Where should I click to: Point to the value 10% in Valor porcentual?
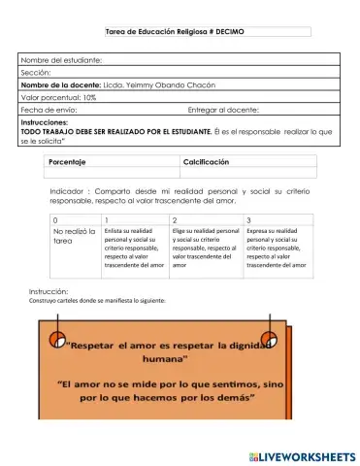[89, 98]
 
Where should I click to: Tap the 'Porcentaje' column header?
[68, 161]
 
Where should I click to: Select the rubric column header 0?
[56, 221]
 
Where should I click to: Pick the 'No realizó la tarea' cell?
[74, 237]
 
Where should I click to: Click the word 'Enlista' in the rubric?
[118, 231]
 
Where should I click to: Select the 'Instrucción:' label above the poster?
[49, 290]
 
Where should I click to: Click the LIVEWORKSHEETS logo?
[302, 455]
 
